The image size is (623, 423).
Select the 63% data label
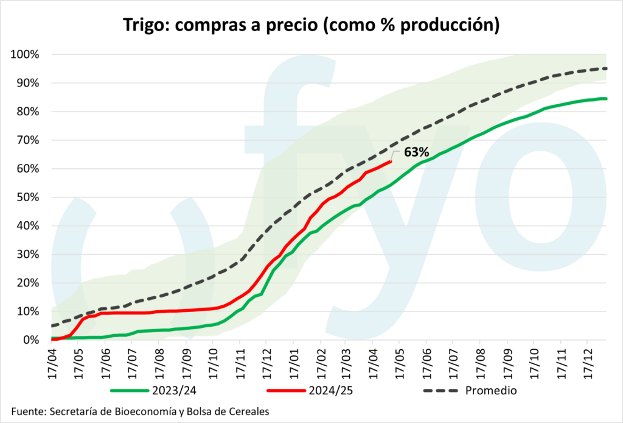417,152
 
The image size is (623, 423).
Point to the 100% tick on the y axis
25,55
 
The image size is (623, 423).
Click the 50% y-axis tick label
27,197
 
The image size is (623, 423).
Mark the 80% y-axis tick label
27,112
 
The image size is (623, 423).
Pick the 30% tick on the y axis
27,255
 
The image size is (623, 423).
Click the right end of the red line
391,162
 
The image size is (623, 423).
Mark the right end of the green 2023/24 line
607,98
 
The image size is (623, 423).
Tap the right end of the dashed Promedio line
607,68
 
